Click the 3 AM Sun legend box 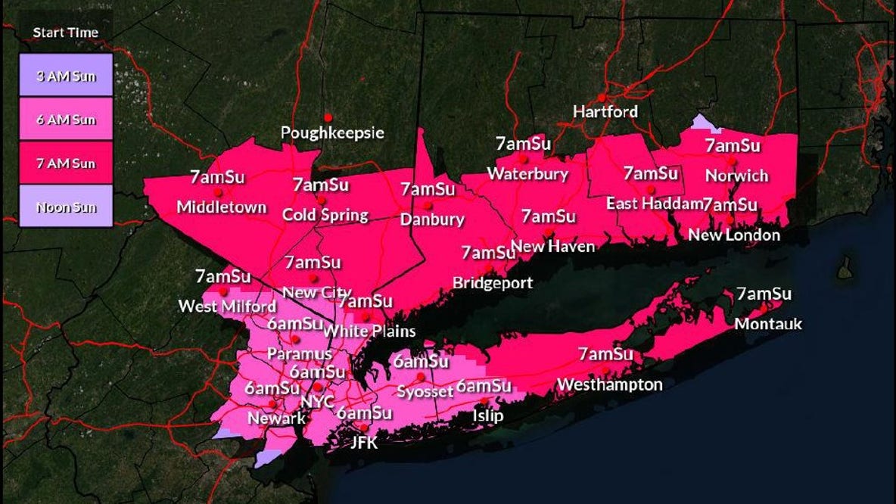(66, 75)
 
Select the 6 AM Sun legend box (66, 119)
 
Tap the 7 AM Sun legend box (66, 162)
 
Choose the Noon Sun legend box (66, 206)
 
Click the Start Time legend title (65, 33)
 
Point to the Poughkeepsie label (332, 133)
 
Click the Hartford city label (605, 112)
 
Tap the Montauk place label (769, 324)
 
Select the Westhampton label (610, 384)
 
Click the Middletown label (221, 207)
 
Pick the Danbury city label (432, 220)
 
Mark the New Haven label (553, 246)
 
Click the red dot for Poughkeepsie (328, 117)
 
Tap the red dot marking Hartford (602, 97)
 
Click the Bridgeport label (493, 283)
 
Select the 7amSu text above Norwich (733, 145)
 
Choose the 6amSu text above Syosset (421, 361)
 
